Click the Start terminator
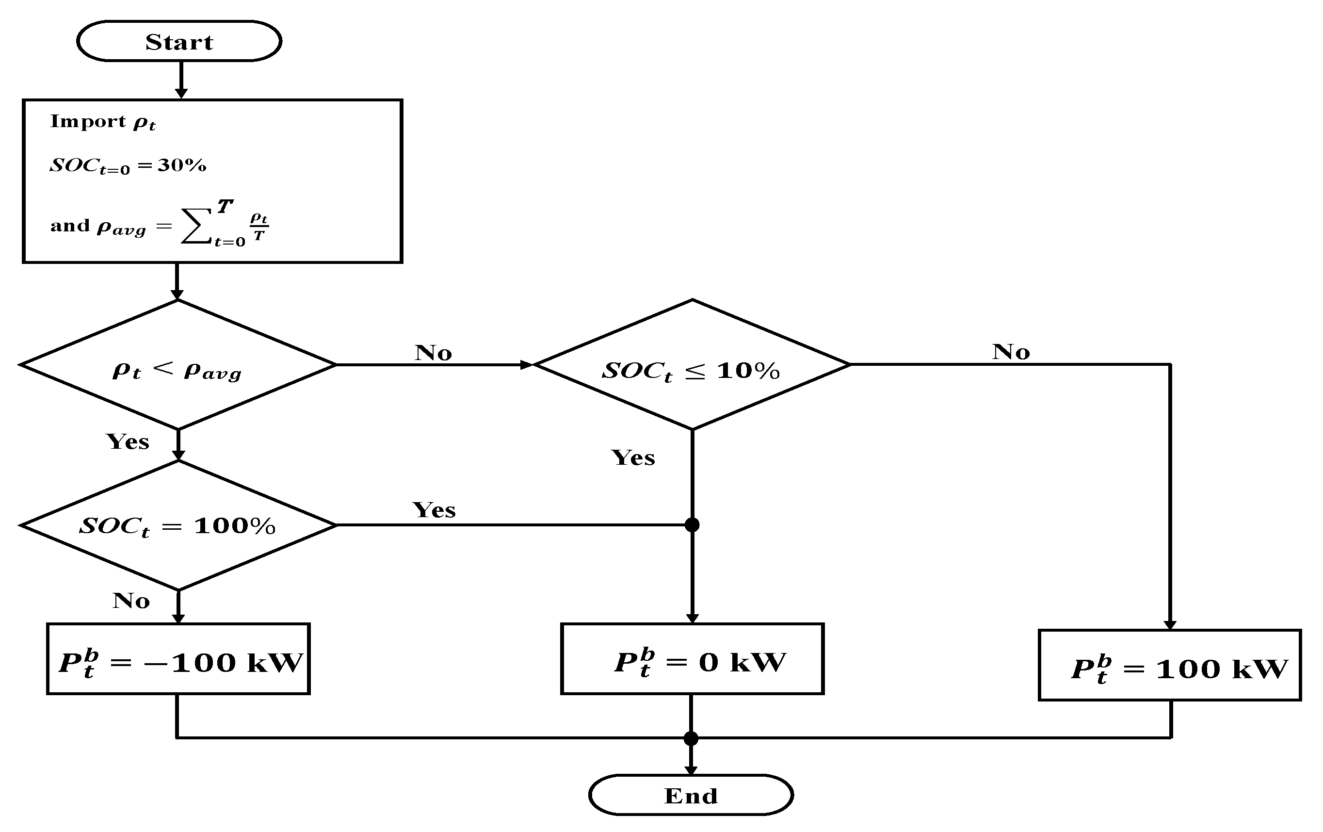click(179, 42)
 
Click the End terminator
click(691, 795)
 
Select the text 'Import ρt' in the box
click(103, 122)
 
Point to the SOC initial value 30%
click(182, 165)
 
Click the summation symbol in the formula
click(196, 226)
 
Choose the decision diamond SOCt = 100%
click(177, 526)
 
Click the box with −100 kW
click(178, 659)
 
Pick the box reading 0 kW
click(692, 659)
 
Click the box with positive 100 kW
click(1170, 666)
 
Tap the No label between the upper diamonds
click(433, 353)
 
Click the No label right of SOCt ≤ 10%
click(1010, 352)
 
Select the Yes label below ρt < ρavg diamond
click(128, 442)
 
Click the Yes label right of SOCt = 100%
click(434, 510)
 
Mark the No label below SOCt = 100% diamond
click(131, 601)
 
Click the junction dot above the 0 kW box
click(692, 525)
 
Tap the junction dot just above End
click(691, 738)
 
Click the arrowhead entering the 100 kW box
click(1170, 625)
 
